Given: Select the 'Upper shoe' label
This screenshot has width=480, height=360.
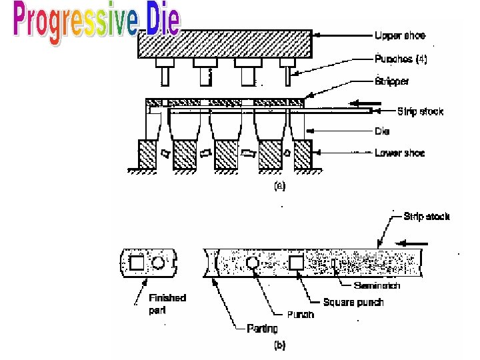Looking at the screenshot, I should click(x=399, y=35).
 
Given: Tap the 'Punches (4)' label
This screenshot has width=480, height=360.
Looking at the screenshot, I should click(x=401, y=59).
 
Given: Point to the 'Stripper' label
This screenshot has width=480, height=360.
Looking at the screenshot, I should click(x=392, y=81).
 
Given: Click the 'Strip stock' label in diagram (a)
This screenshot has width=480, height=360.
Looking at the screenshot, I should click(x=420, y=111).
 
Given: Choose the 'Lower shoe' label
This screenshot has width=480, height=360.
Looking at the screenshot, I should click(x=399, y=153).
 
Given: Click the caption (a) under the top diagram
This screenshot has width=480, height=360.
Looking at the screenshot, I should click(x=280, y=187).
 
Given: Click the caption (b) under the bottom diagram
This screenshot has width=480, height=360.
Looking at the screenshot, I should click(x=280, y=346).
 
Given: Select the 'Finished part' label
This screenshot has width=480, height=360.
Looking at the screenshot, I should click(x=167, y=303).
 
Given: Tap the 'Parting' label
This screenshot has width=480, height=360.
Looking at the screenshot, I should click(x=263, y=328).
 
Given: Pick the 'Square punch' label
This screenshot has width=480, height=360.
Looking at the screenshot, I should click(x=353, y=302).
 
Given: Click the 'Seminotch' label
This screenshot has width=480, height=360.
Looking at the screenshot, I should click(x=377, y=286).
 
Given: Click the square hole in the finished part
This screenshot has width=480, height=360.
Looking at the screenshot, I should click(x=136, y=263).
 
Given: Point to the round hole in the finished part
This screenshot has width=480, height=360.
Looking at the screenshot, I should click(x=159, y=263).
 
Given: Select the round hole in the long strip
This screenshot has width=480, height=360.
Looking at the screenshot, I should click(x=253, y=263).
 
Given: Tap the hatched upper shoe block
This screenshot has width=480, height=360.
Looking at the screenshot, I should click(x=225, y=43).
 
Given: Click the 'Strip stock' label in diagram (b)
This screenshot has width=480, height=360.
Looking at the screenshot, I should click(x=427, y=217).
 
